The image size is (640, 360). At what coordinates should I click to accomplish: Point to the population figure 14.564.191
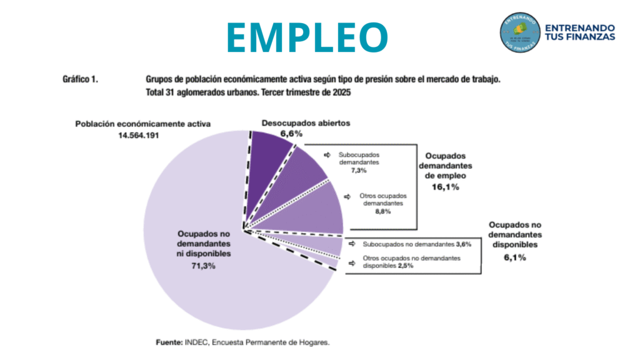136,134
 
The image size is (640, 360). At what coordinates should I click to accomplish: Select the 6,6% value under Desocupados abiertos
291,134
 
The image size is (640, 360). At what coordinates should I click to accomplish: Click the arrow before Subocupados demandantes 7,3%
326,154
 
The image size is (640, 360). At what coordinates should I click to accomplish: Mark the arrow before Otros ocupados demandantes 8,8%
350,196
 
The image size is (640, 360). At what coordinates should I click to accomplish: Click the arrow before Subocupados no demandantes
351,244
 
